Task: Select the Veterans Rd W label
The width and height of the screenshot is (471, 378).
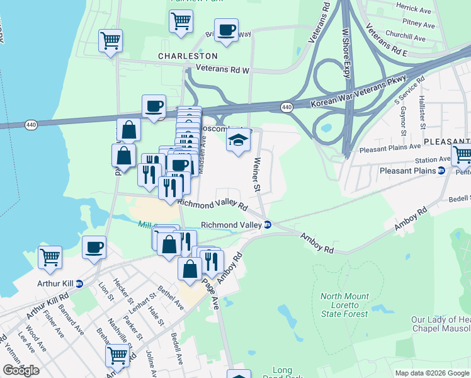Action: pos(223,70)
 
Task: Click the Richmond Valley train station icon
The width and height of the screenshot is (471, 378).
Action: pos(268,225)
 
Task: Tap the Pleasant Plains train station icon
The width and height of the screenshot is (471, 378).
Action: pos(441,171)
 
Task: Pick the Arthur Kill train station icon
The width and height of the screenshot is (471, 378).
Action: pos(79,283)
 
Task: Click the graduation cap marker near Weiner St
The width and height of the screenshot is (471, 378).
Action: pos(239,140)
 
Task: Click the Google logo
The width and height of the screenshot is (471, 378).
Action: pos(21,370)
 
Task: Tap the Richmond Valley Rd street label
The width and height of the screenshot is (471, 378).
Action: pos(212,204)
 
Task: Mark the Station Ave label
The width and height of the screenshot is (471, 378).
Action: pos(431,160)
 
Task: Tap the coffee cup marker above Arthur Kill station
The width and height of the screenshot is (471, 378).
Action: pos(94,248)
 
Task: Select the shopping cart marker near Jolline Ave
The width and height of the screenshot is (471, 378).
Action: pos(117,356)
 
